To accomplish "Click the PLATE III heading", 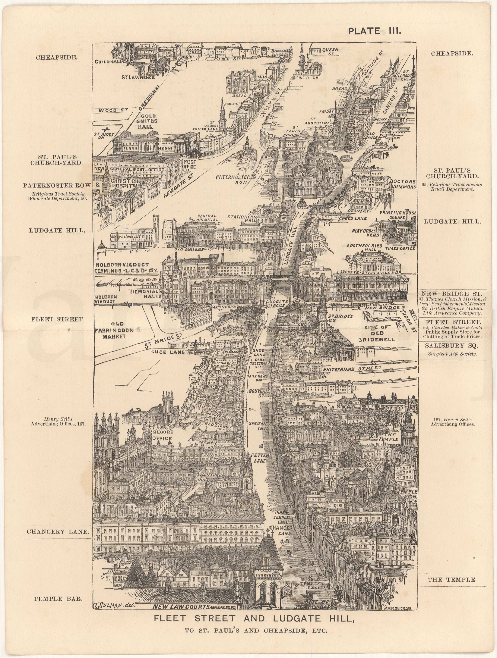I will (374, 31).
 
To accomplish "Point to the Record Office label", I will (162, 435).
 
